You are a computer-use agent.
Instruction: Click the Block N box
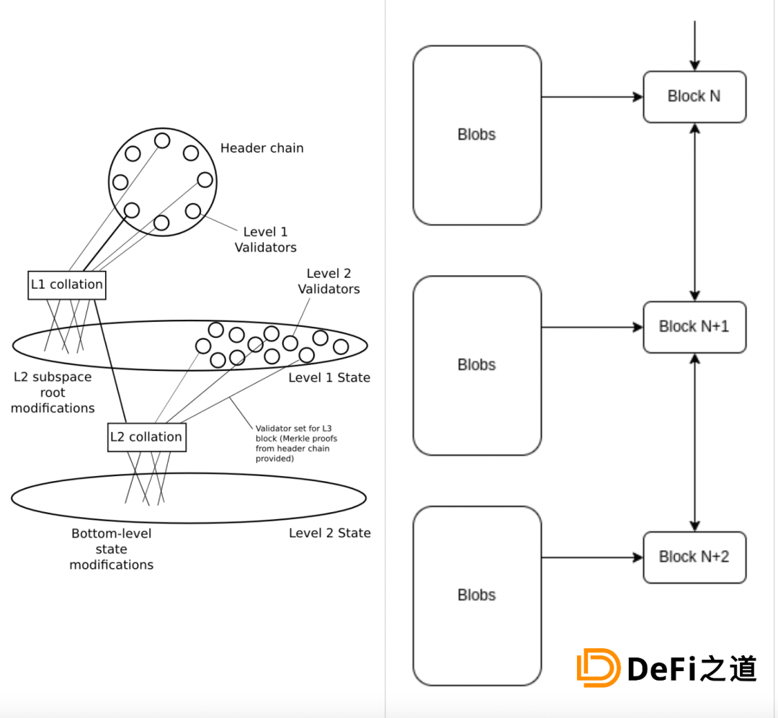click(694, 97)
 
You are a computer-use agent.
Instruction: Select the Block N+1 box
click(694, 327)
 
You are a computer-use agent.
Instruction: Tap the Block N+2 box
click(694, 557)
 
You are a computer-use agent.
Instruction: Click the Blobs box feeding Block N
click(477, 135)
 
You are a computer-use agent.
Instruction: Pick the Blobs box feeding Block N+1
click(477, 365)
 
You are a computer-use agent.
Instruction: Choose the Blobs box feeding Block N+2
click(477, 596)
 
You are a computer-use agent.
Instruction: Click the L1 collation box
click(67, 284)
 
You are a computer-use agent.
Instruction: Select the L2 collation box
click(146, 437)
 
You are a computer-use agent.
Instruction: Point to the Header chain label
click(261, 148)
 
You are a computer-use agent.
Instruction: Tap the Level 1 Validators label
click(265, 240)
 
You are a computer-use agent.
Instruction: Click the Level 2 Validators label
click(328, 281)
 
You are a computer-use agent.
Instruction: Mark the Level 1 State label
click(329, 378)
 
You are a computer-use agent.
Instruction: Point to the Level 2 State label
click(330, 534)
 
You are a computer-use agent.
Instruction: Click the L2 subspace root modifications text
click(53, 392)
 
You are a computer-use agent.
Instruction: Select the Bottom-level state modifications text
click(112, 549)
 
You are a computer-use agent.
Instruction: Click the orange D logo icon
click(598, 668)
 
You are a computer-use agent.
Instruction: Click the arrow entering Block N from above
click(694, 45)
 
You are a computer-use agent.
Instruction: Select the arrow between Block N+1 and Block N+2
click(694, 442)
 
